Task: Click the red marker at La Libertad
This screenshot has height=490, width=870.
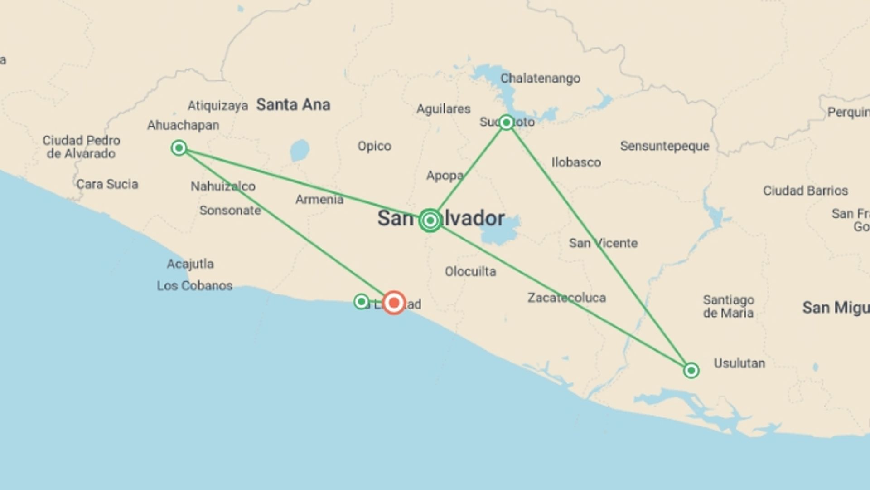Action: click(x=394, y=302)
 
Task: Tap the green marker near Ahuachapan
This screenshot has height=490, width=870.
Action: click(x=179, y=148)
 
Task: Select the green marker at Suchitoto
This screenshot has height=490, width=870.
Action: click(x=506, y=122)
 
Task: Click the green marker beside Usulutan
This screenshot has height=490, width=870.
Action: click(x=691, y=371)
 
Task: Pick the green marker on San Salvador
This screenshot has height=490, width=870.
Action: click(x=430, y=220)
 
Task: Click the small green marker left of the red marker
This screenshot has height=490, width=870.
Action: click(x=361, y=301)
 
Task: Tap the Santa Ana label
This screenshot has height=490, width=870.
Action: click(x=293, y=105)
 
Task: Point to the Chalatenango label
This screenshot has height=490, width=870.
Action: click(x=540, y=78)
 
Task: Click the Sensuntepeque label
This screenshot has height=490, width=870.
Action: click(x=664, y=146)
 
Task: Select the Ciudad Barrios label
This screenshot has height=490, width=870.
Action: click(x=805, y=191)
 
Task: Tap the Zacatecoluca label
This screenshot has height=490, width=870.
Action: click(x=566, y=298)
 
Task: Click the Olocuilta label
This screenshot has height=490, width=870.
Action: click(x=470, y=271)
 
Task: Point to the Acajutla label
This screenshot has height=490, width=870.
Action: click(x=190, y=264)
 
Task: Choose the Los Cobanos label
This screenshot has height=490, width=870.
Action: click(x=195, y=286)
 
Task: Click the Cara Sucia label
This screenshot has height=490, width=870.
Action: click(x=107, y=184)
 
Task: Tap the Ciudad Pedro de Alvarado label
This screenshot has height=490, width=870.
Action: click(x=82, y=147)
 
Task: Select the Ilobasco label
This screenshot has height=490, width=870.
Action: click(x=576, y=162)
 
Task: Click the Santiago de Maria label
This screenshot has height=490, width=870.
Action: click(x=728, y=306)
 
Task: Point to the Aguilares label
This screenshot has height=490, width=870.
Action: click(x=443, y=109)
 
